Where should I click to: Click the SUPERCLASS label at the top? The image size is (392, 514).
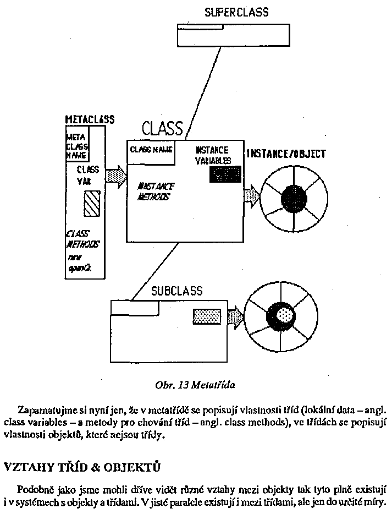(x=236, y=12)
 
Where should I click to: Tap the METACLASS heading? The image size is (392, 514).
(x=90, y=119)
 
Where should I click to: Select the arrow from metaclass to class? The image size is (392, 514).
(x=115, y=178)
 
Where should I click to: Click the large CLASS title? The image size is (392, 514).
(x=162, y=128)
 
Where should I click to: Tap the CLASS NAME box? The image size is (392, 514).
(x=151, y=150)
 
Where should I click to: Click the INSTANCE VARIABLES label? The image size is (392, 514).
(x=212, y=155)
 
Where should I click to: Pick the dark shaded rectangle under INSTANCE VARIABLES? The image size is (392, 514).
(x=225, y=174)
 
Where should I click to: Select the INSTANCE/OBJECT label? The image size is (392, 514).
(x=286, y=154)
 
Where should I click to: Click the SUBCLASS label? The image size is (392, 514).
(x=176, y=291)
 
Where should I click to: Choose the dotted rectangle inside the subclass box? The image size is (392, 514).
(x=207, y=316)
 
